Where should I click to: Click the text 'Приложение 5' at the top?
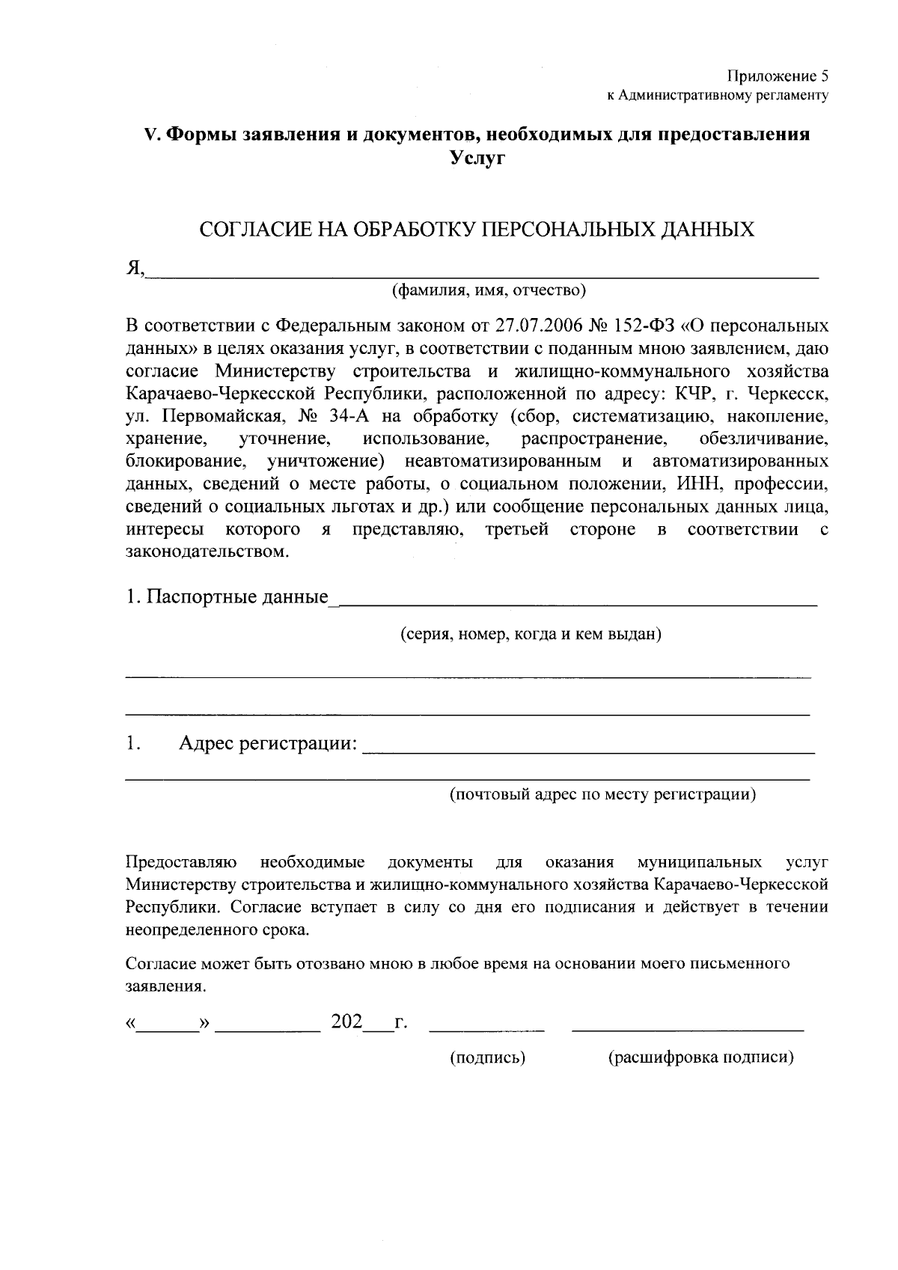point(778,76)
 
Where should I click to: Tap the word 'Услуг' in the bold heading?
point(477,158)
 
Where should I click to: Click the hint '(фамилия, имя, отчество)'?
point(489,290)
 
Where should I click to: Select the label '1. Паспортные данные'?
point(227,597)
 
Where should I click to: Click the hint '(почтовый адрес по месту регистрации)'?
point(602,794)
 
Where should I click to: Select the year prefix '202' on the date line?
point(346,1022)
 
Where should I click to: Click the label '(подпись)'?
point(487,1057)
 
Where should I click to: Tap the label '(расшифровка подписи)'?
point(700,1057)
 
